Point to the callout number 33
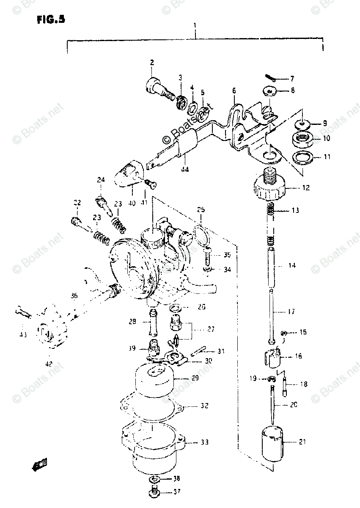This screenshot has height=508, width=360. point(205,443)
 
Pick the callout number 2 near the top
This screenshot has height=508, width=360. point(151,63)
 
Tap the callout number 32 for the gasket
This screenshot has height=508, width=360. point(204,406)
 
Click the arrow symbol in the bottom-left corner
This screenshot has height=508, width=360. point(39,466)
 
